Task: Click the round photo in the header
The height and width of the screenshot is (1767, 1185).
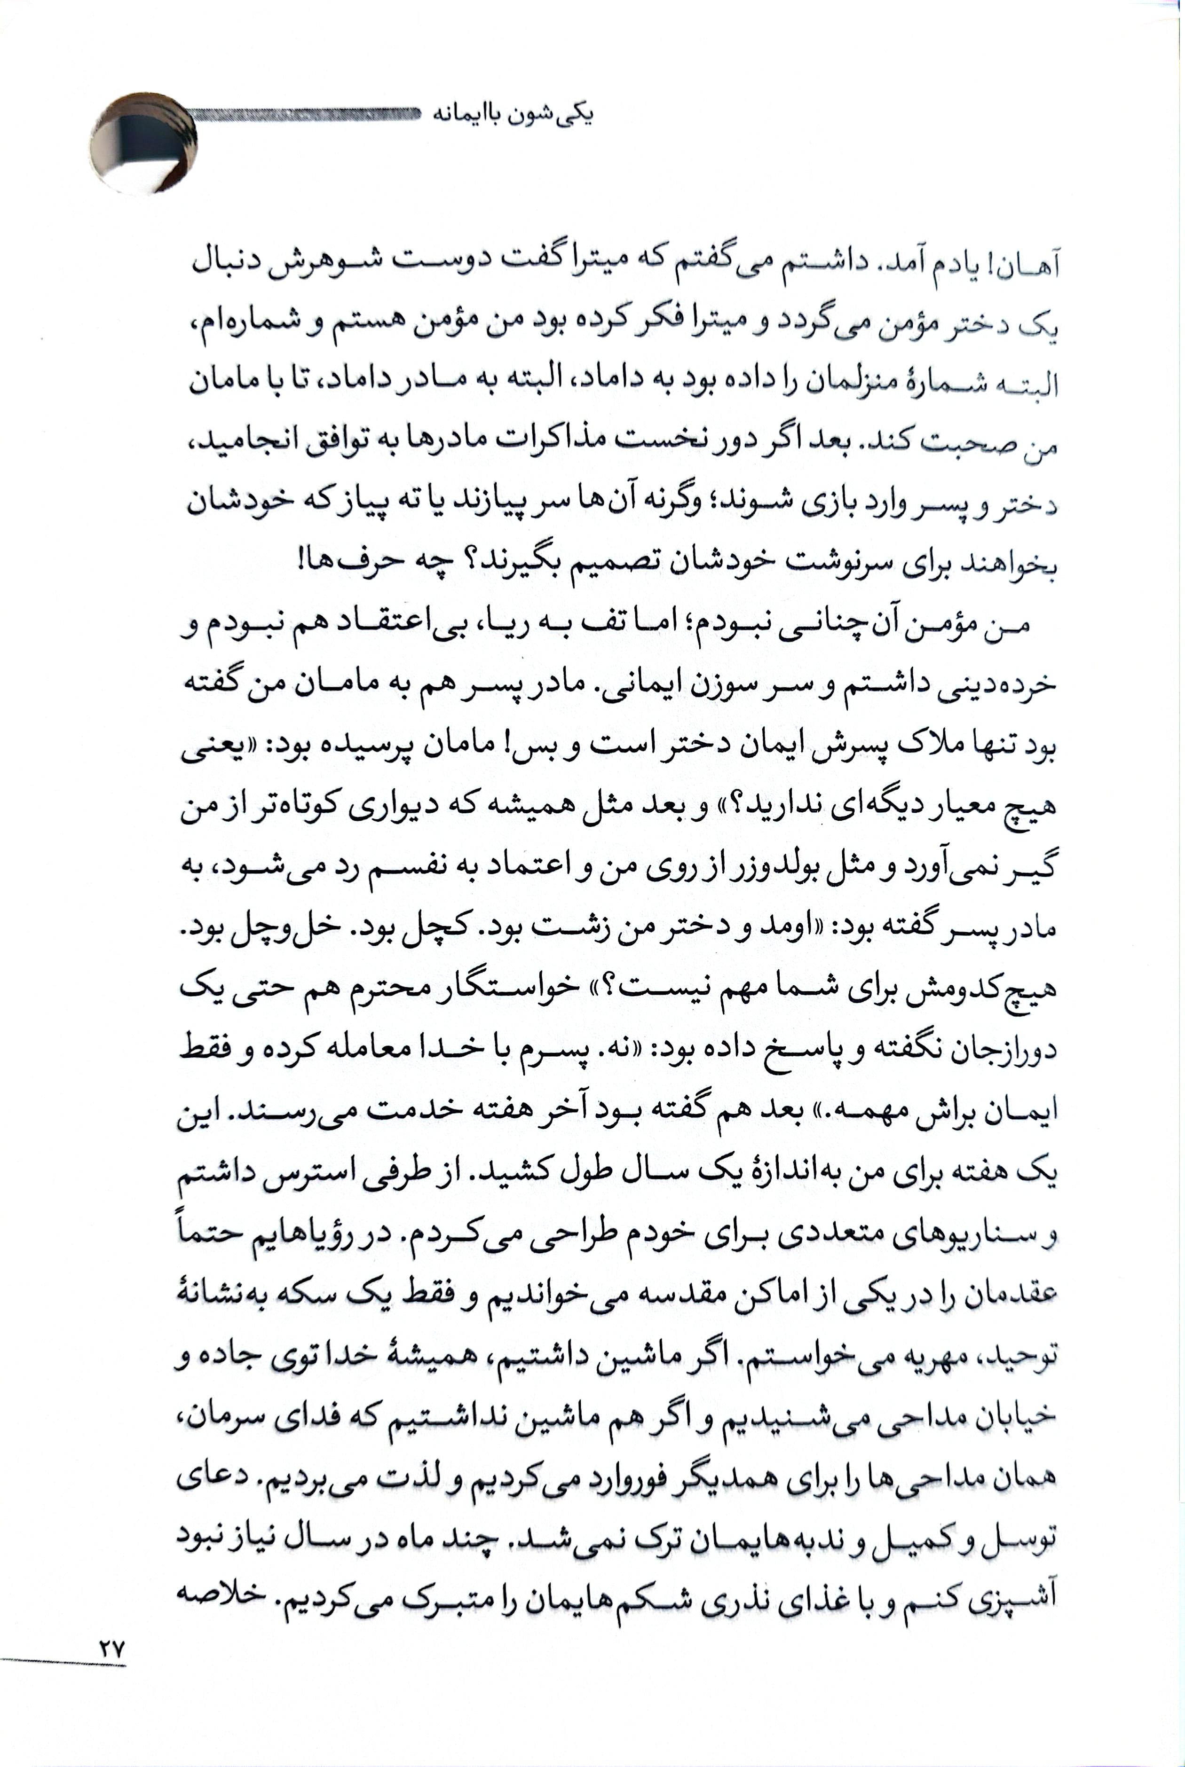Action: tap(143, 143)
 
